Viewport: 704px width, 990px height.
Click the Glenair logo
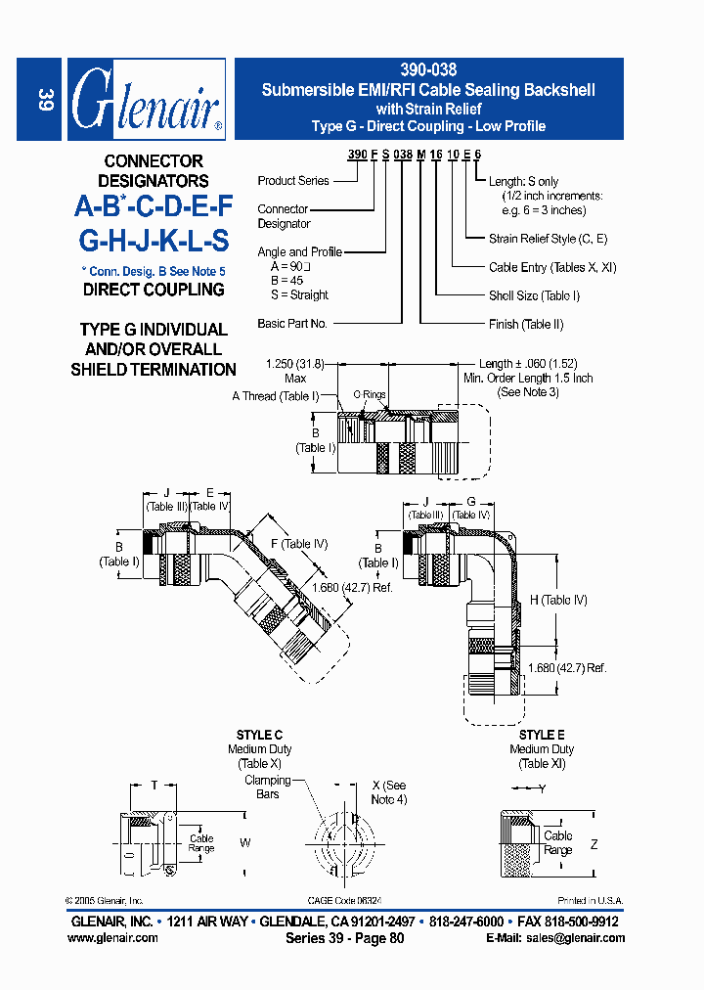pyautogui.click(x=147, y=101)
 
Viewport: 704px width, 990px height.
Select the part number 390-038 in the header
pyautogui.click(x=428, y=70)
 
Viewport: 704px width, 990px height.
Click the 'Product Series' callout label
pyautogui.click(x=293, y=181)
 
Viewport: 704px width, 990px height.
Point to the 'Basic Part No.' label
pyautogui.click(x=292, y=323)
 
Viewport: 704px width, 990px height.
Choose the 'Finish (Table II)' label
pyautogui.click(x=526, y=324)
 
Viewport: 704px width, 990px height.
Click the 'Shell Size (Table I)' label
pyautogui.click(x=534, y=295)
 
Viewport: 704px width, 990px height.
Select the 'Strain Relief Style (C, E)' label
pyautogui.click(x=548, y=239)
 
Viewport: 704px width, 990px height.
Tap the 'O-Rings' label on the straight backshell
pyautogui.click(x=370, y=395)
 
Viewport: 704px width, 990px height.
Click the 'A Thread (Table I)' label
pyautogui.click(x=276, y=396)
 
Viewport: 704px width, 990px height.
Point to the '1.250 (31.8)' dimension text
pyautogui.click(x=295, y=364)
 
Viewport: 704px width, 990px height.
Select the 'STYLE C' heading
pyautogui.click(x=259, y=735)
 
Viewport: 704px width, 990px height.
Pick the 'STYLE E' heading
pyautogui.click(x=542, y=735)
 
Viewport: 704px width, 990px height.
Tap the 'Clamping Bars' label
pyautogui.click(x=268, y=787)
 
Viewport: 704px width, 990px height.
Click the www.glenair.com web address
pyautogui.click(x=112, y=937)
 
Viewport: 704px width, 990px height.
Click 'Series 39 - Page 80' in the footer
pyautogui.click(x=344, y=937)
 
